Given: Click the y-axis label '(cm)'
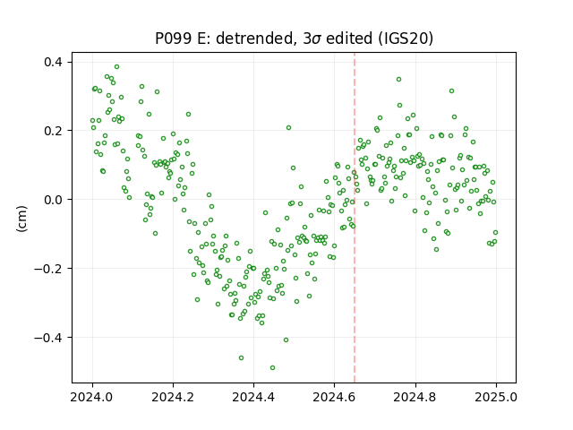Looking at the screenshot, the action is [x=21, y=219].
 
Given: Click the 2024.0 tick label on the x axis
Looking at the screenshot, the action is [x=92, y=397].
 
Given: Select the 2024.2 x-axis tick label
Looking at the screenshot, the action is [x=173, y=397].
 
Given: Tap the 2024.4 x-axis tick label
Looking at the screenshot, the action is [x=253, y=397].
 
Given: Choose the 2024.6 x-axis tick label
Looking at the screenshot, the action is [x=334, y=397].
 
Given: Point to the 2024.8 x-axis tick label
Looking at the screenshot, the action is [x=415, y=397].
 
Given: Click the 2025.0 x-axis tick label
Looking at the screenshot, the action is [x=496, y=397].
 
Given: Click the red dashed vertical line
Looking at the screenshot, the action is [x=355, y=218].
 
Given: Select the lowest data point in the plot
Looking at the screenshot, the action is [x=272, y=367].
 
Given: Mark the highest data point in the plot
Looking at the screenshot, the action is [x=117, y=66].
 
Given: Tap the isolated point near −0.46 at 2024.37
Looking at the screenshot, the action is [x=241, y=357].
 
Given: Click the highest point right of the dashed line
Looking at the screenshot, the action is [x=399, y=79].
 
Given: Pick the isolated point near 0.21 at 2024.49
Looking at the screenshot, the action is [x=288, y=127].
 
